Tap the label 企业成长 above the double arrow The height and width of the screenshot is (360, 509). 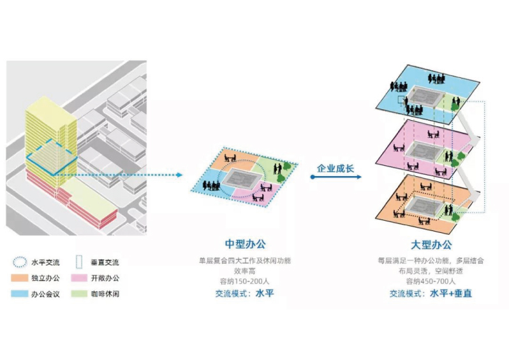coord(336,167)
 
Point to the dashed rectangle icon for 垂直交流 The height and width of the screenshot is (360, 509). coord(80,262)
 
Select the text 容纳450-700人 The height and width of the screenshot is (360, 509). coord(431,281)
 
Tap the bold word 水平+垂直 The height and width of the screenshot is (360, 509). coord(450,294)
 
